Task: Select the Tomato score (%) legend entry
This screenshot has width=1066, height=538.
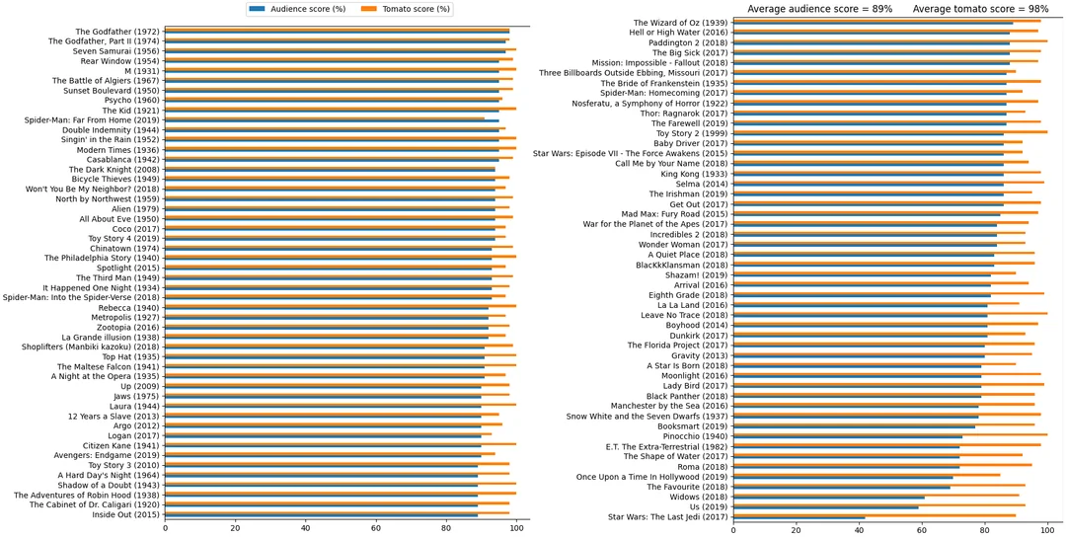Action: tap(406, 9)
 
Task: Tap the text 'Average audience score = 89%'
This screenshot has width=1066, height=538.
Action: tap(819, 9)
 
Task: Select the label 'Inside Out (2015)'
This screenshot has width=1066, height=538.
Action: tap(125, 514)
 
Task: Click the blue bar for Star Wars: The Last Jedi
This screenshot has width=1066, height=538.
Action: tap(799, 518)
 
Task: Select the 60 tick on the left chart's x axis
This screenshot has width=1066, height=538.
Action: tap(376, 529)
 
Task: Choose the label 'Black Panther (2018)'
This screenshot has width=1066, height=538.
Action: tap(686, 395)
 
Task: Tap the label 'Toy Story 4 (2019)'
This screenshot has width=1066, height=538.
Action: tap(123, 238)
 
